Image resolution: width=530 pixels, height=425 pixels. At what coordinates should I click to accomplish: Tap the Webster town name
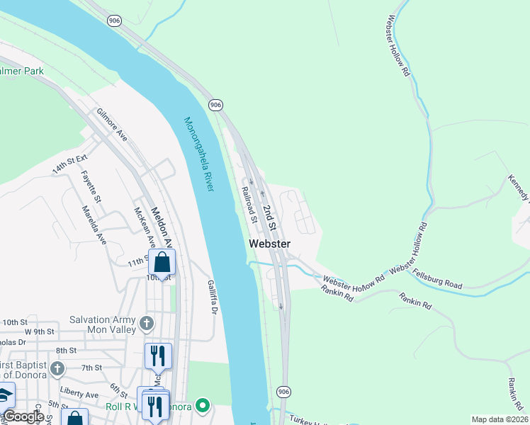[269, 244]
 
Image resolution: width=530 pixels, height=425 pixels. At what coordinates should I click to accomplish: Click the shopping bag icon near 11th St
[162, 262]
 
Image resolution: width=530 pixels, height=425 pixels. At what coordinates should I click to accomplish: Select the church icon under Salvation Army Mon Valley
[147, 324]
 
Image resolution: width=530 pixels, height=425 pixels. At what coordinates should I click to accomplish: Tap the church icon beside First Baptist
[57, 369]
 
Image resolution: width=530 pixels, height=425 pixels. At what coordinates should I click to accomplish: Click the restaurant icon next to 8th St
[158, 356]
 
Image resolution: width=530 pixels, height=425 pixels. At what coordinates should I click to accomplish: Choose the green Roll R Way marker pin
[203, 406]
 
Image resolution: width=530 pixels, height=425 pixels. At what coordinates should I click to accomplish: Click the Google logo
[23, 416]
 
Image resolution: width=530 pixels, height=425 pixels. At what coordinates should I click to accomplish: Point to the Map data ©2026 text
[500, 419]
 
